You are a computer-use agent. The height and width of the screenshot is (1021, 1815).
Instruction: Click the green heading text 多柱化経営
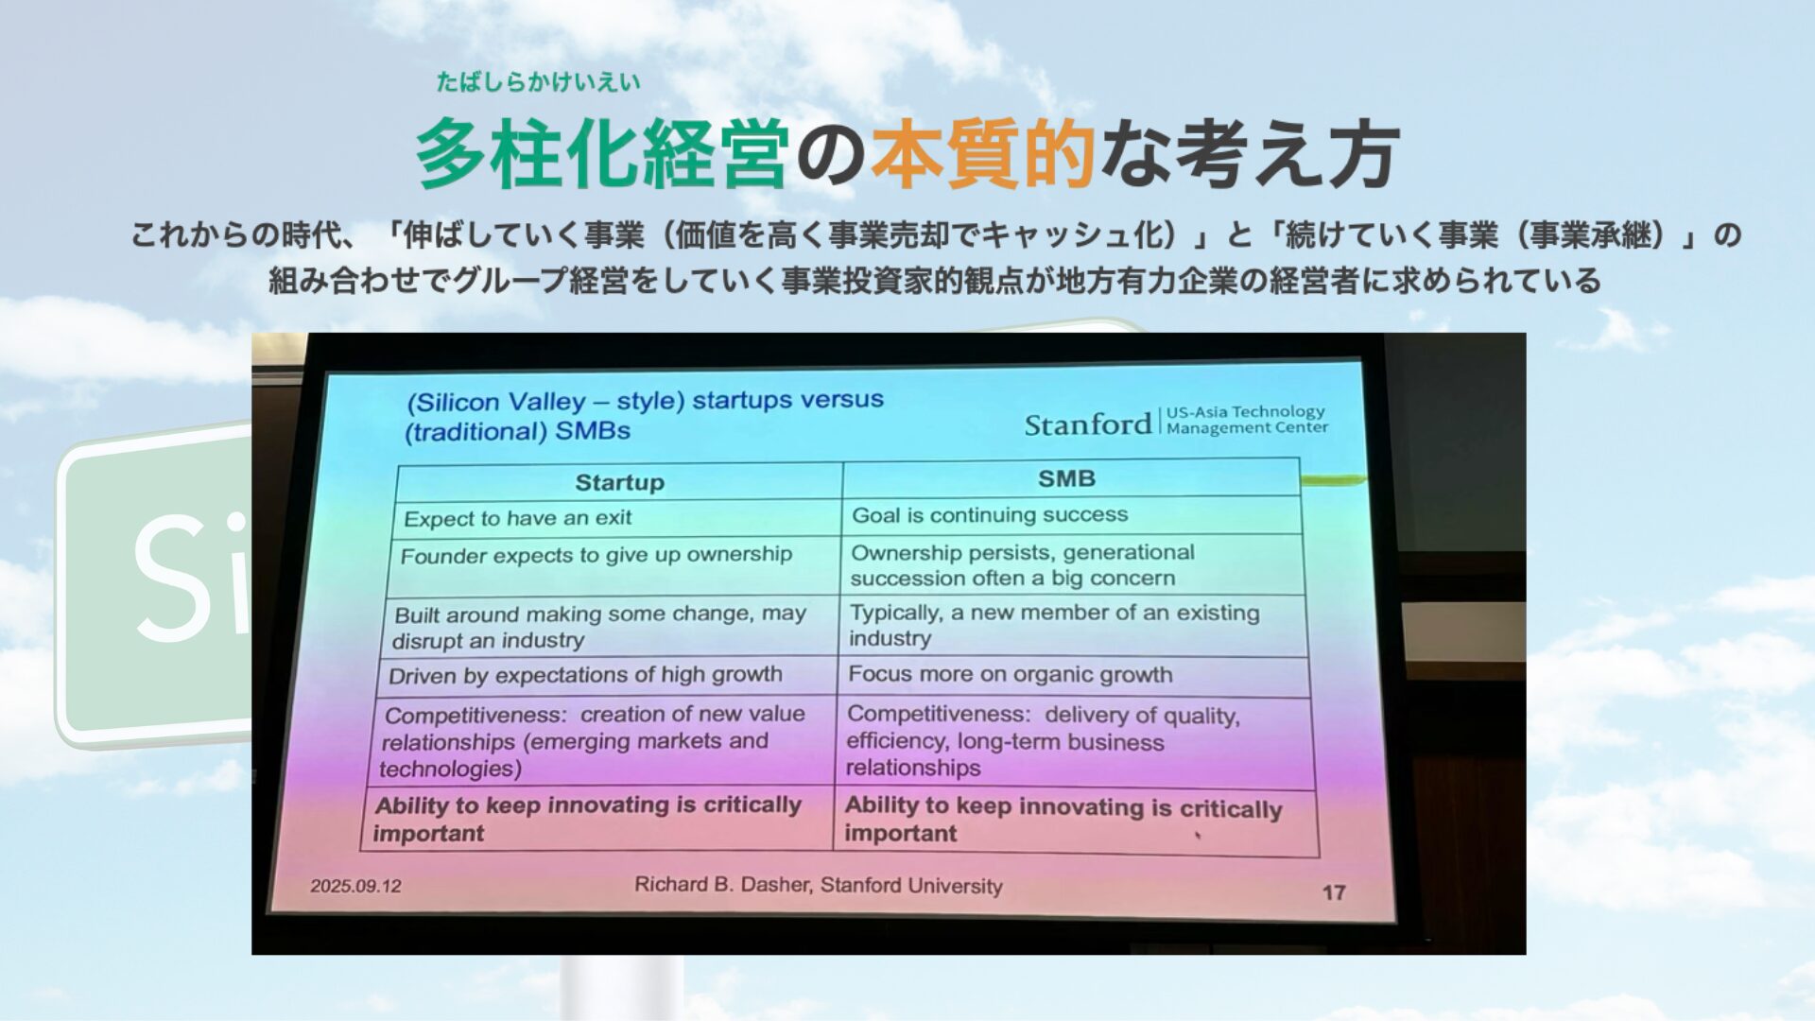(602, 153)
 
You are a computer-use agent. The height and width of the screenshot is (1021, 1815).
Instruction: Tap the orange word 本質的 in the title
(983, 153)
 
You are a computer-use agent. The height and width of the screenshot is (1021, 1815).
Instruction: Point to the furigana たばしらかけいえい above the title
(538, 82)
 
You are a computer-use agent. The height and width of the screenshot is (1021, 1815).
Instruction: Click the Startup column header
(620, 482)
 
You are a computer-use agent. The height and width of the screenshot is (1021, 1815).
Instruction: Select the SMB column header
(1066, 478)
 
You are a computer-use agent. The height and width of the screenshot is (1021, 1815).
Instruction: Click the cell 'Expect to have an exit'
(518, 518)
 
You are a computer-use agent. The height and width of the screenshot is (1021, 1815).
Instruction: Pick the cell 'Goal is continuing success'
(990, 515)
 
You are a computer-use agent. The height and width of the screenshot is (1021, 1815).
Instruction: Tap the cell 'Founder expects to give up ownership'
(596, 555)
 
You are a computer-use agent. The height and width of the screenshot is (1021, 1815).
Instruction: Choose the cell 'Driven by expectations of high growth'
(585, 675)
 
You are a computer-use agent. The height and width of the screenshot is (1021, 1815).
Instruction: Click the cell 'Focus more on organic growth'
(1011, 674)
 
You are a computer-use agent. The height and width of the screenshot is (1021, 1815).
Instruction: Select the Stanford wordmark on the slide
(1088, 424)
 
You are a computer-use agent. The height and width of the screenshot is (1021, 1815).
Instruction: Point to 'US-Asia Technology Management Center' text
(1247, 420)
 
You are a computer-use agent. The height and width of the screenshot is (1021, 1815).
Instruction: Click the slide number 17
(1334, 892)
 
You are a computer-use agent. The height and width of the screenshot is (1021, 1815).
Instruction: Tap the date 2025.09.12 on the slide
(356, 886)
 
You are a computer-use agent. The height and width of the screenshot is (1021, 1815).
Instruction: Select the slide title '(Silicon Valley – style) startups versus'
(646, 401)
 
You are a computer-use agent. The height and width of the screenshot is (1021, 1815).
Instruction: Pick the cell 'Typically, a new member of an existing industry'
(1054, 625)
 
